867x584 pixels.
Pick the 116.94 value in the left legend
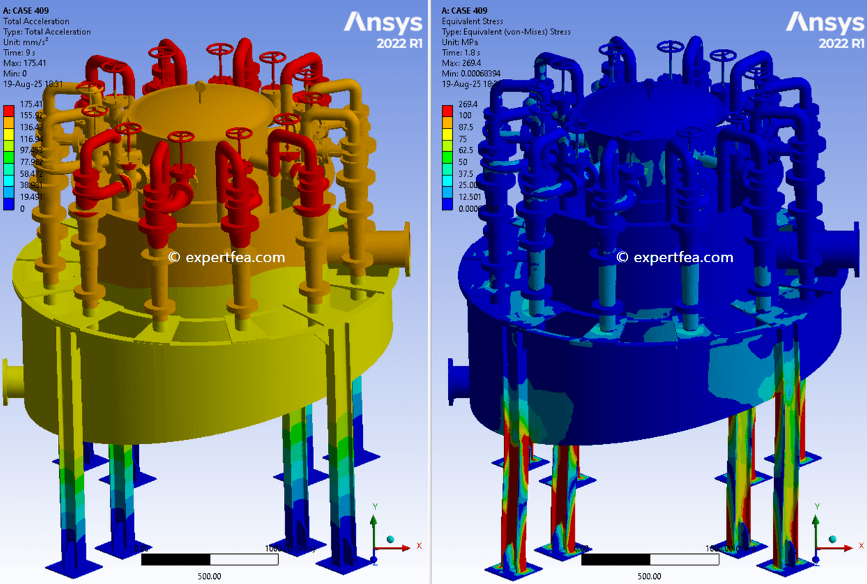pyautogui.click(x=32, y=139)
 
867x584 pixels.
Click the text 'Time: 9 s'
pyautogui.click(x=21, y=52)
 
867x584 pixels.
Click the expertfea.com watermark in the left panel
pyautogui.click(x=227, y=257)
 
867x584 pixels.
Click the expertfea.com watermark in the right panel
pyautogui.click(x=675, y=257)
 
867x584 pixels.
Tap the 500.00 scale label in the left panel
pyautogui.click(x=209, y=576)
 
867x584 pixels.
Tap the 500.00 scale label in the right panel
pyautogui.click(x=649, y=576)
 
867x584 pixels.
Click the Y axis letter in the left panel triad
pyautogui.click(x=375, y=506)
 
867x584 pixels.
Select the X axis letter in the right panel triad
pyautogui.click(x=859, y=545)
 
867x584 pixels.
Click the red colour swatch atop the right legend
pyautogui.click(x=447, y=109)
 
